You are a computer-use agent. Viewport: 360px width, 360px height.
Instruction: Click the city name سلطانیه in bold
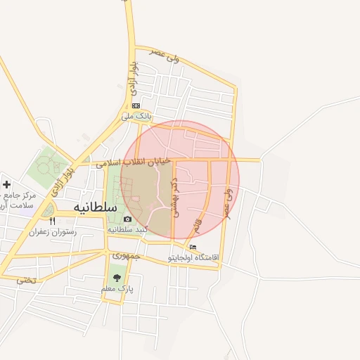(x=91, y=209)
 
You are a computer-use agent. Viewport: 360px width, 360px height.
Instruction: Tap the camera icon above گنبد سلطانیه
(x=127, y=219)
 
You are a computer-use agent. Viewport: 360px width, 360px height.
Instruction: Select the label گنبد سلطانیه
(x=127, y=230)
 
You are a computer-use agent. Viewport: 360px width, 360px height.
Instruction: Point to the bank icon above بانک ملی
(x=136, y=105)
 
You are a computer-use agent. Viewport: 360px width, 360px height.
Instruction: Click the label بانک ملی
(x=136, y=115)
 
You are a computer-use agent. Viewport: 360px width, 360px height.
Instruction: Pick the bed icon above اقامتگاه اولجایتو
(x=193, y=247)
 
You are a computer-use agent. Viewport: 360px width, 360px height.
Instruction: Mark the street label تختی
(x=25, y=279)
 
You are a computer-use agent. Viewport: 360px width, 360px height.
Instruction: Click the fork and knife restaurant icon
(x=52, y=221)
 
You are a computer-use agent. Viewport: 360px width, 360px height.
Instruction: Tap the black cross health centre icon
(x=7, y=184)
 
